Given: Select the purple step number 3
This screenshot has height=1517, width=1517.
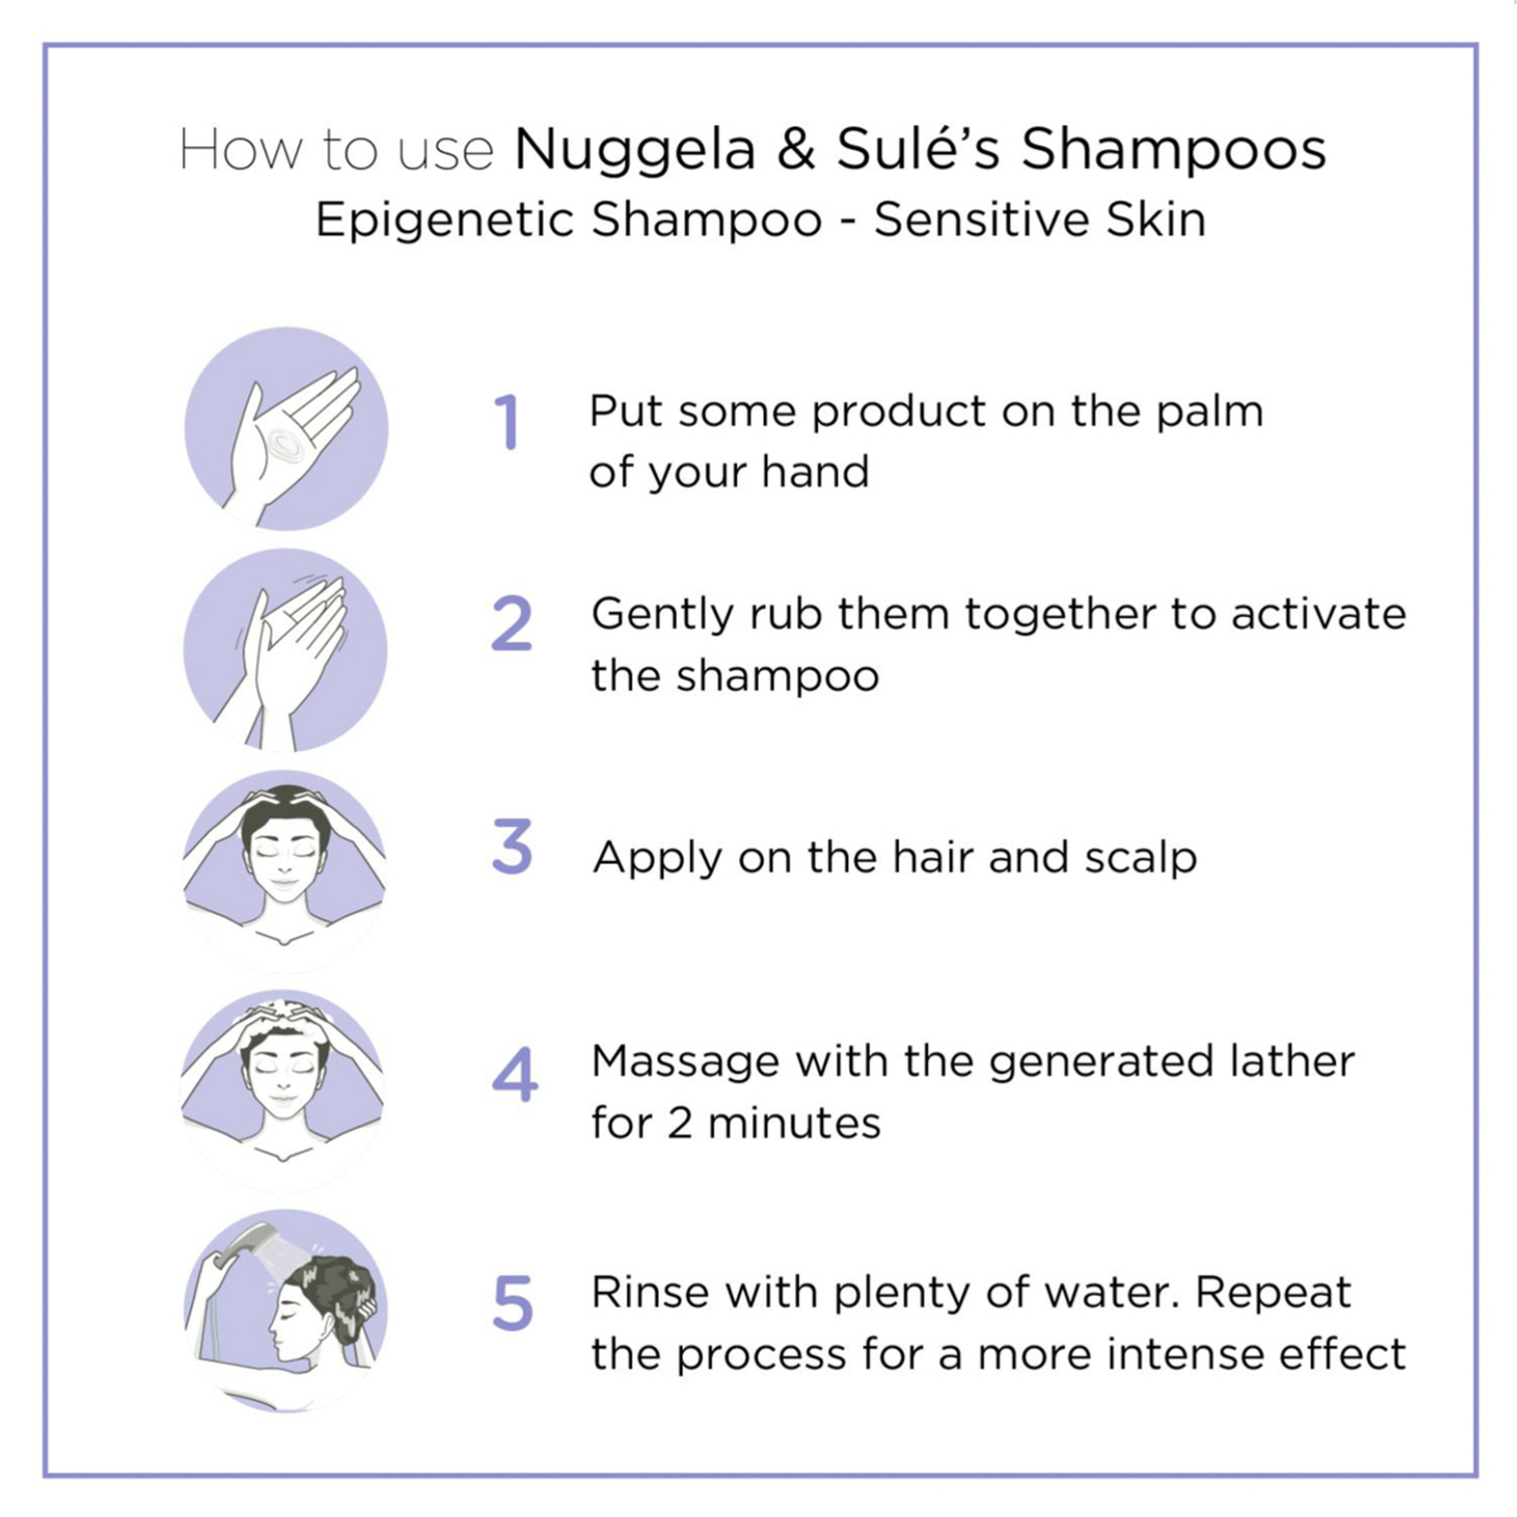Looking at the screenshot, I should (512, 847).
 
